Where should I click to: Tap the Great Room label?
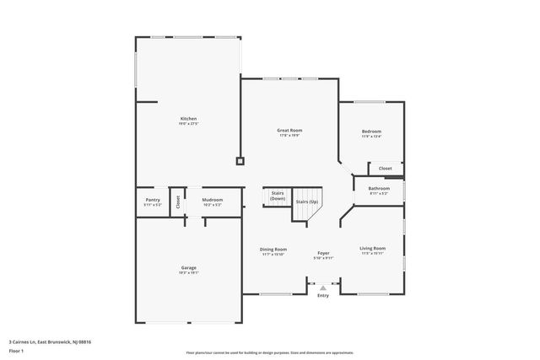point(289,130)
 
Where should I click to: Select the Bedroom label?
point(371,132)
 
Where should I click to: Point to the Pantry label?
point(152,200)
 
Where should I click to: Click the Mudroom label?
point(213,200)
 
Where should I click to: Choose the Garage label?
point(188,268)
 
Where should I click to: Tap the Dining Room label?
point(273,249)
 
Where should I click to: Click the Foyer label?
point(323,253)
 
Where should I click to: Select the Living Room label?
point(372,248)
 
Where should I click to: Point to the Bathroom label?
point(379,189)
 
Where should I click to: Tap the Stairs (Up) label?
point(306,202)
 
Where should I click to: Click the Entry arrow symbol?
point(323,288)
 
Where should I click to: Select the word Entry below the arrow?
point(323,296)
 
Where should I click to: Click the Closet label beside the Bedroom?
point(385,168)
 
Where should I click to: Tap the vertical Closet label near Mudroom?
point(178,201)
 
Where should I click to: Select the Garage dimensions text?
point(188,273)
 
